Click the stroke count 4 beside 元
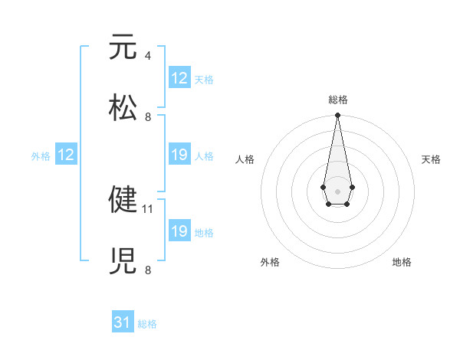(x=147, y=56)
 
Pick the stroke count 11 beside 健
(x=149, y=208)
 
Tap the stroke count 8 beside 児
(x=147, y=270)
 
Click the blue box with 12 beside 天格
(x=179, y=78)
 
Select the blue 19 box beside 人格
(x=179, y=155)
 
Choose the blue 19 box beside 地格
(x=179, y=231)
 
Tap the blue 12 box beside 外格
(x=65, y=155)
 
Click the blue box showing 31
(x=123, y=323)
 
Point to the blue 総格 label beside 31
(x=147, y=324)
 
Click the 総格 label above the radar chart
(x=338, y=100)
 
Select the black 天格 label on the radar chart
(x=431, y=159)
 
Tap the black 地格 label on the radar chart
(x=402, y=262)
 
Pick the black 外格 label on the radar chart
(x=270, y=262)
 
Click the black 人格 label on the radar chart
(x=245, y=159)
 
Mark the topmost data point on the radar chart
(x=337, y=116)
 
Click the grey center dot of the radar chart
(x=337, y=190)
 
